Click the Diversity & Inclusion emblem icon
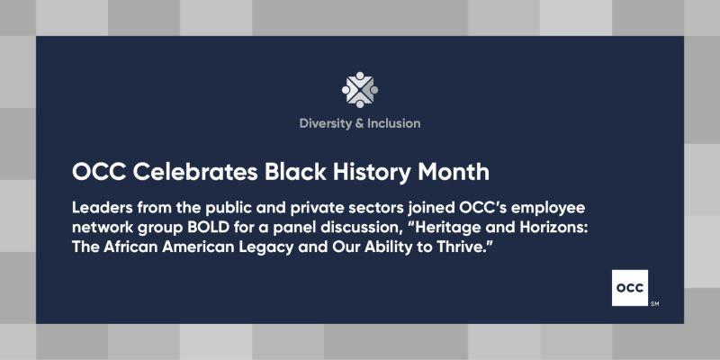coord(360,89)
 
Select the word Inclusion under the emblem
coord(393,123)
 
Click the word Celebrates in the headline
coord(195,172)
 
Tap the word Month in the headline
coord(454,172)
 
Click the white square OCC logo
coord(630,288)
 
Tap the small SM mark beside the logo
coord(655,304)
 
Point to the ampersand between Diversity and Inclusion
coord(359,123)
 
